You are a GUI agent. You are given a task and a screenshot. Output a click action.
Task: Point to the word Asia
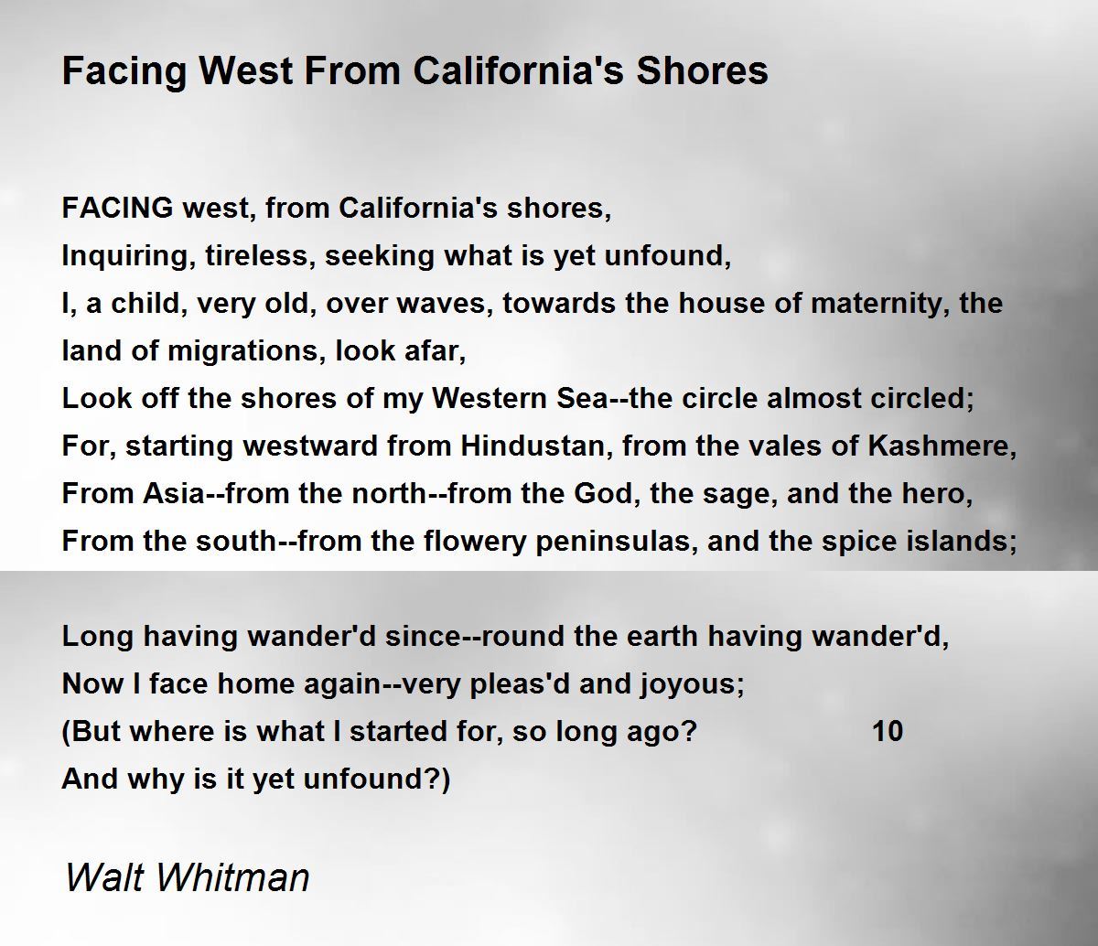[x=173, y=494]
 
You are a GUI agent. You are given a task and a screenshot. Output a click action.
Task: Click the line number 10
[x=888, y=732]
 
